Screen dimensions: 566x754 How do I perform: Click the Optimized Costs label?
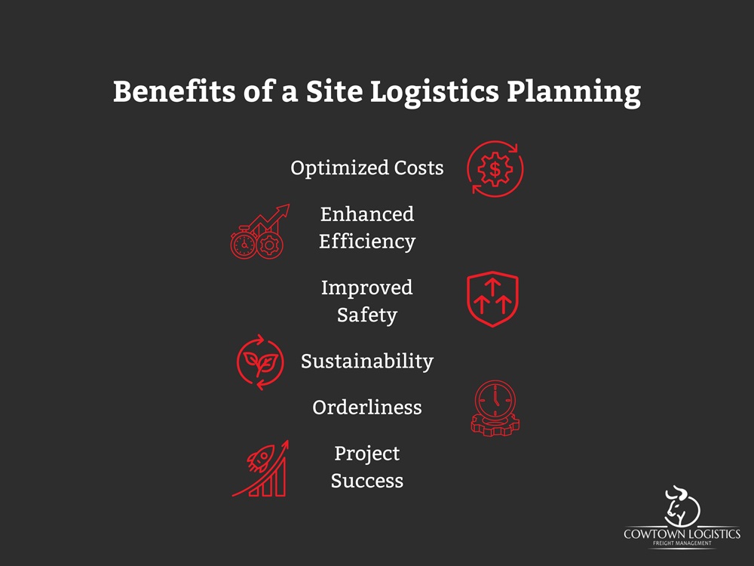pos(367,168)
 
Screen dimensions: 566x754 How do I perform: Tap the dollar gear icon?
pos(495,168)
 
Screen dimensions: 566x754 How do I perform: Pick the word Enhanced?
pos(367,214)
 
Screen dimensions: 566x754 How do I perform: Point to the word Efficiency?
pos(367,241)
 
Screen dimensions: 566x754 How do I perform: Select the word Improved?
pos(367,288)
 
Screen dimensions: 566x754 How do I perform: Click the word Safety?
pos(367,315)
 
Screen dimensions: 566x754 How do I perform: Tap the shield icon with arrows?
pos(492,300)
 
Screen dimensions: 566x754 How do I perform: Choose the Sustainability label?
pos(367,361)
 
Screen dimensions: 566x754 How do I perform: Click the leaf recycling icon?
pos(260,362)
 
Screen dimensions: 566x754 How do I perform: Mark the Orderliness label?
pos(367,408)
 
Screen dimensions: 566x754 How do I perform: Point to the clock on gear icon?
pos(495,408)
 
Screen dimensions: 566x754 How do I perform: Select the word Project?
pos(367,454)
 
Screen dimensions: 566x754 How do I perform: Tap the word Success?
pos(367,481)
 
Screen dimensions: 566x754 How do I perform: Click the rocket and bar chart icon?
pos(261,469)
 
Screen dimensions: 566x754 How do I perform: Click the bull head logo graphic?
pos(681,506)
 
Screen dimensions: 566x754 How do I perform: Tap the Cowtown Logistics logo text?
pos(682,535)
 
